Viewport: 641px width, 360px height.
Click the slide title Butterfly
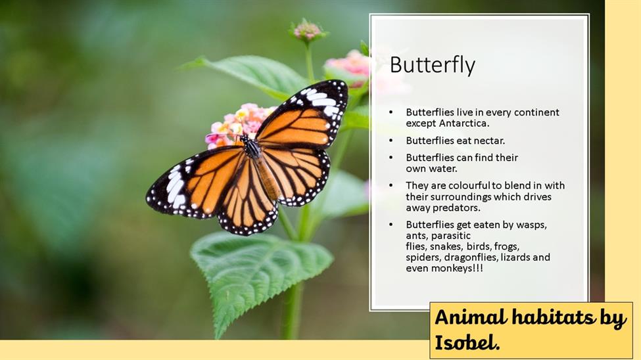433,66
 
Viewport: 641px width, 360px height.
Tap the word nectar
489,141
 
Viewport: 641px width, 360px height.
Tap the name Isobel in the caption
465,342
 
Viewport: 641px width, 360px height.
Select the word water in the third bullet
442,169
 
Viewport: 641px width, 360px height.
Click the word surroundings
458,197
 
